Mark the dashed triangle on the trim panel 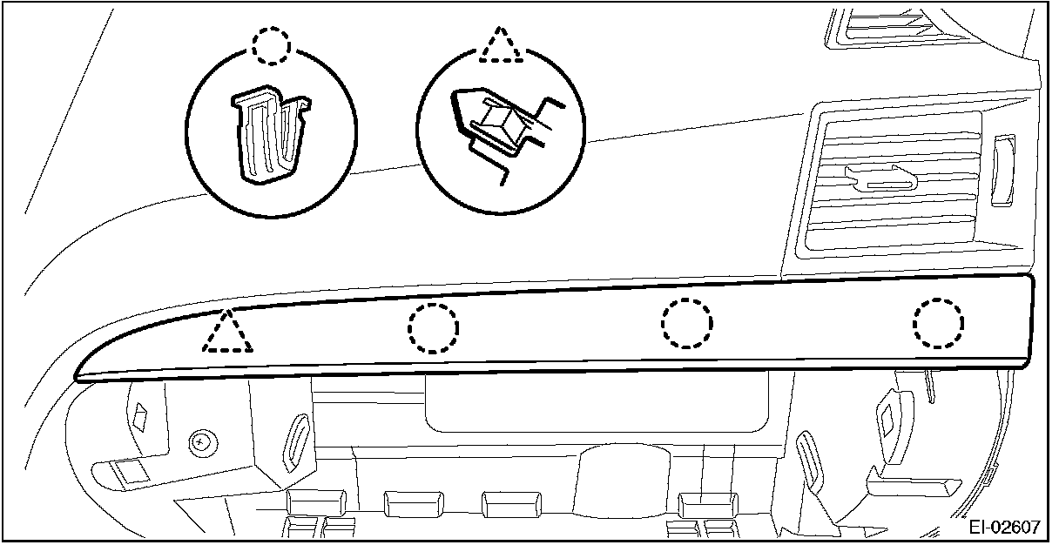[x=227, y=333]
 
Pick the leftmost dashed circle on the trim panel [x=433, y=328]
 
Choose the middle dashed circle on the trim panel [x=686, y=324]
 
